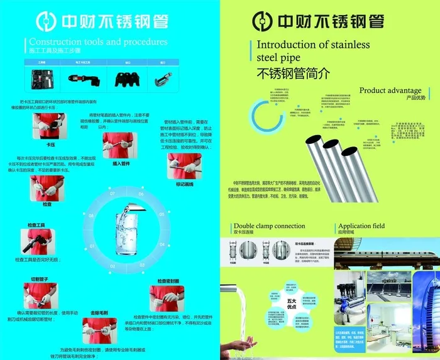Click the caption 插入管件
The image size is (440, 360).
click(x=121, y=163)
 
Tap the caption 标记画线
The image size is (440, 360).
click(x=184, y=185)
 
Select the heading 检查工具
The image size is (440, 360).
click(x=36, y=224)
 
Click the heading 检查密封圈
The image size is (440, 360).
click(x=168, y=281)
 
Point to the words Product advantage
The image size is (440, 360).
click(x=390, y=90)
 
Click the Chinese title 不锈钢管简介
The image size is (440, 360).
click(x=293, y=73)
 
